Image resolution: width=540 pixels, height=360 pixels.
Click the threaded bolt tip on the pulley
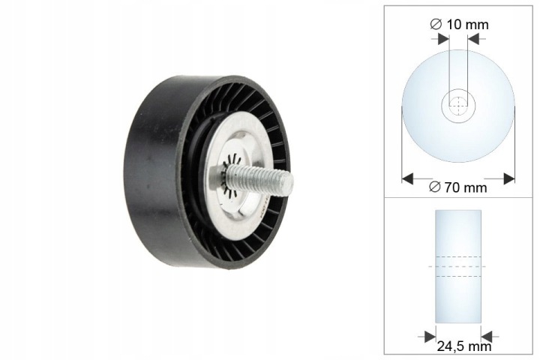289,184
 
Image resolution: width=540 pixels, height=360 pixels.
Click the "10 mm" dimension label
467,24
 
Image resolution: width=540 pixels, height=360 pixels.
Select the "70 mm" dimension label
466,187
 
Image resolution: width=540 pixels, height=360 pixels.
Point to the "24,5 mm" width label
464,346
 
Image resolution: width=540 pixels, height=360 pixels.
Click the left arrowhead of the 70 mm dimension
407,178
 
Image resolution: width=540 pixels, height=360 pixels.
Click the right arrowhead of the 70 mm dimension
509,178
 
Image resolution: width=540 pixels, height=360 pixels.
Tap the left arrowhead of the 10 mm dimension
443,39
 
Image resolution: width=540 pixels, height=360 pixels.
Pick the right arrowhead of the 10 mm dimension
473,39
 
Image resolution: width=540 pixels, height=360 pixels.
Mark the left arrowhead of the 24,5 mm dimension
430,337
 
